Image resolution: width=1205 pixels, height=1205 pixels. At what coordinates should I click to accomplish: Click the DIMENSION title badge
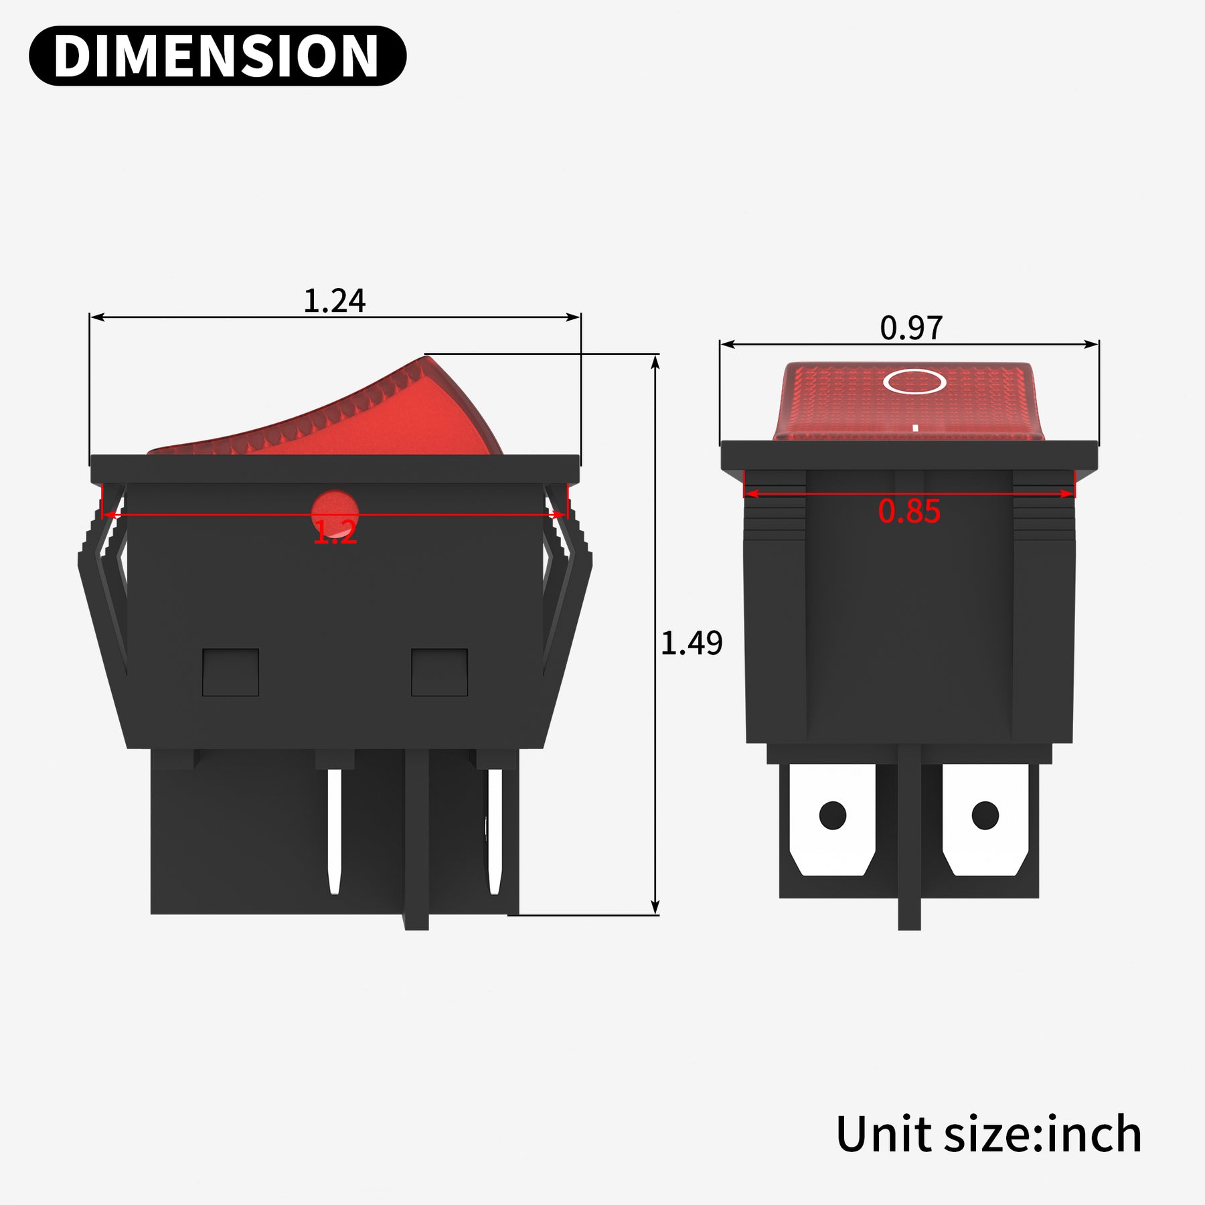[218, 56]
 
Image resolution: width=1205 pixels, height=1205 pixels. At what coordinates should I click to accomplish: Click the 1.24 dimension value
[334, 301]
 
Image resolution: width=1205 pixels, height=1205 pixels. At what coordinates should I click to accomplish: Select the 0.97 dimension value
[910, 328]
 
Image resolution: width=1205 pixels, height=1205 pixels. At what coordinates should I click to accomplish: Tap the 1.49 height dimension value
[691, 643]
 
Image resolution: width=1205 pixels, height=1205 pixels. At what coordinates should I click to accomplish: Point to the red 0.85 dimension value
[909, 512]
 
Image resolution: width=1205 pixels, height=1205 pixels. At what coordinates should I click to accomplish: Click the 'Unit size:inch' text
[989, 1134]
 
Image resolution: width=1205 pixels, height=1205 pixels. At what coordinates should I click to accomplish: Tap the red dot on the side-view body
[335, 512]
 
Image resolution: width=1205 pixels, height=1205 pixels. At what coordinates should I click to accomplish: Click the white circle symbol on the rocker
[914, 382]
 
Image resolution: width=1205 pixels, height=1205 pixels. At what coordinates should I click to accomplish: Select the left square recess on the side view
[230, 672]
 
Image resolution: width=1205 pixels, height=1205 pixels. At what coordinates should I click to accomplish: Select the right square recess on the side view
[439, 672]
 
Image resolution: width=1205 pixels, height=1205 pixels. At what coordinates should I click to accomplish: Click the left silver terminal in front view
[832, 820]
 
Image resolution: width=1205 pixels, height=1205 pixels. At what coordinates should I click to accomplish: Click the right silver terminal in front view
[985, 820]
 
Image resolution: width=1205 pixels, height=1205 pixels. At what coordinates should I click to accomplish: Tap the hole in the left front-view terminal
[833, 815]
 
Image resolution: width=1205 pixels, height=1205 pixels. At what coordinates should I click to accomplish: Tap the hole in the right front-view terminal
[985, 815]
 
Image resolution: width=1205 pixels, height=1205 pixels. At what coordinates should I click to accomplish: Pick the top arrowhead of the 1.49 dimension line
[655, 361]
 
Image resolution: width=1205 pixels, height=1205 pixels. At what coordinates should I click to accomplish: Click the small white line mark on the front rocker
[915, 427]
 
